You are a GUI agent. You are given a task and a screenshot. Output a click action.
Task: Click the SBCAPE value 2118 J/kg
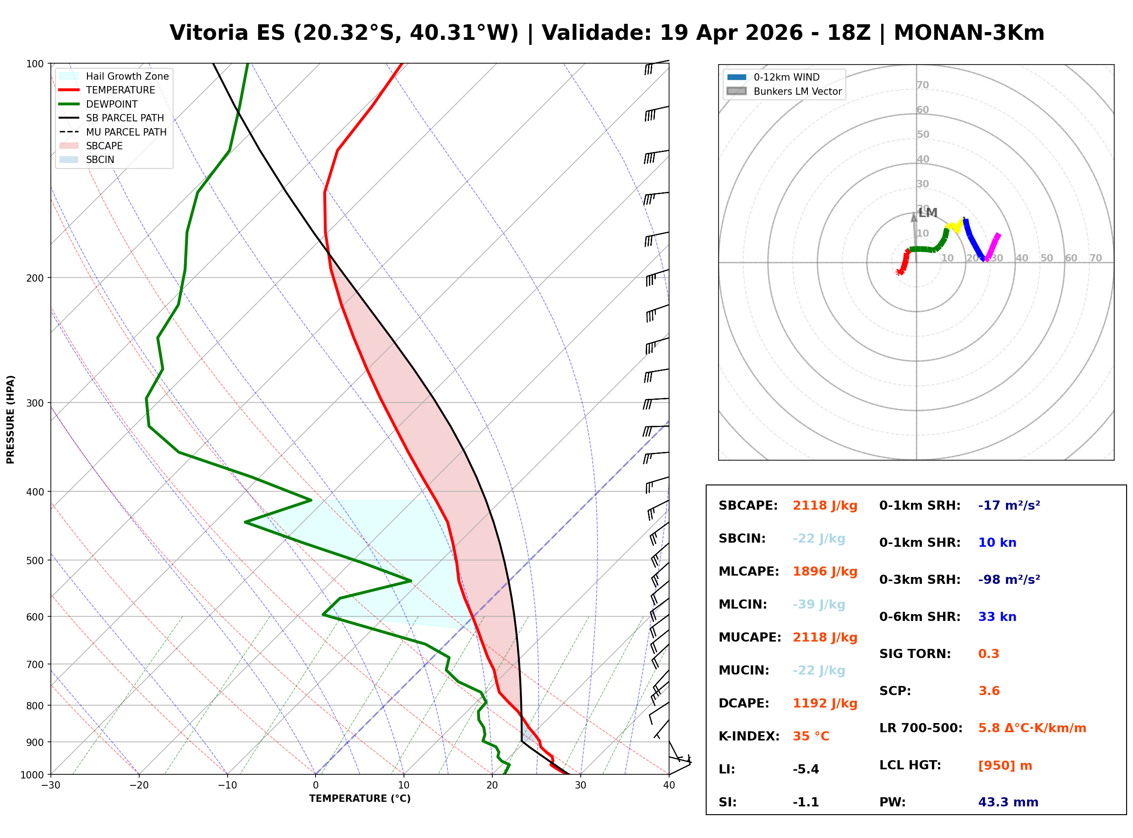(825, 506)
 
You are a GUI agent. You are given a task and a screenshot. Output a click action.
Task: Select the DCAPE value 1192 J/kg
(825, 703)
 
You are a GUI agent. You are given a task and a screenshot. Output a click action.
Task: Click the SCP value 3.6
(988, 691)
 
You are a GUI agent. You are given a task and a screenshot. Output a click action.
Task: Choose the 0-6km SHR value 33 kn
(997, 617)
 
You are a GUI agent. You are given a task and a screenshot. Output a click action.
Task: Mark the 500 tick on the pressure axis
(35, 560)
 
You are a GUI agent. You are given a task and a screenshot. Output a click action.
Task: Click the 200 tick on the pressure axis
(35, 278)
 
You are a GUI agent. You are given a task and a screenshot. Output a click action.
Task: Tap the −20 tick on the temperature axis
(139, 786)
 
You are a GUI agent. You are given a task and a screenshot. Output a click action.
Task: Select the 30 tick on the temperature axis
(581, 786)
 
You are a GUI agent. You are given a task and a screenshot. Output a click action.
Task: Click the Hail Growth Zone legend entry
(127, 76)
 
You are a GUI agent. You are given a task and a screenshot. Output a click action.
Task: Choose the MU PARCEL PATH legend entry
(126, 132)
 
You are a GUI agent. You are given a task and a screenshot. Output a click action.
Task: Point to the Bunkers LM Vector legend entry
(797, 91)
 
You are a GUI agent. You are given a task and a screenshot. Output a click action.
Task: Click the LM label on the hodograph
(927, 213)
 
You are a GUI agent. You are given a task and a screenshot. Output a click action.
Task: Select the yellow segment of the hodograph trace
(954, 226)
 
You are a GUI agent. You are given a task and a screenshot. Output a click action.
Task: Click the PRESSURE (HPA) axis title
(11, 419)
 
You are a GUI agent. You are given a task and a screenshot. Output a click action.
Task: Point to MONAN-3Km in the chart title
(969, 33)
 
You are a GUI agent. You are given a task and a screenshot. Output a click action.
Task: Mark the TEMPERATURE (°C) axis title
(360, 799)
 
